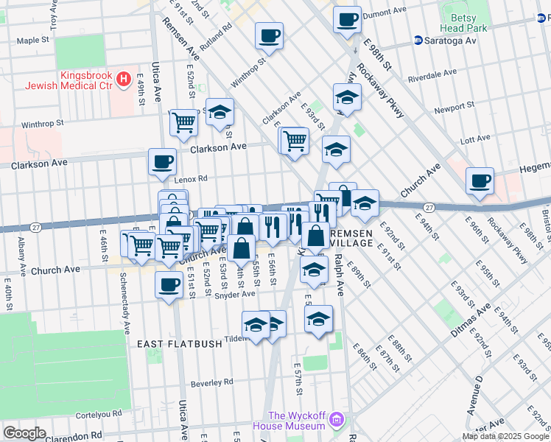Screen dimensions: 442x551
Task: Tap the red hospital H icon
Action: coord(124,77)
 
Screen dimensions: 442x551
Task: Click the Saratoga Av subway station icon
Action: coord(418,40)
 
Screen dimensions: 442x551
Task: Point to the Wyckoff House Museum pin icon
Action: coord(337,421)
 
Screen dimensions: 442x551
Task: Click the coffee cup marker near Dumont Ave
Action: coord(347,19)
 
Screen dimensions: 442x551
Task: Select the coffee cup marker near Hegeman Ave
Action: coord(480,180)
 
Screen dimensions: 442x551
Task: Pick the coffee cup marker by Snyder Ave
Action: coord(169,284)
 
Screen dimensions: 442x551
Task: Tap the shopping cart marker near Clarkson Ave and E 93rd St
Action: coord(295,139)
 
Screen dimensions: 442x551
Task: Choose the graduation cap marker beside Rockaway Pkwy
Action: coord(347,97)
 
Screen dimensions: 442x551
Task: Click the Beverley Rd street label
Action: coord(211,382)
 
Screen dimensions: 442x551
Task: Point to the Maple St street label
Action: coord(31,41)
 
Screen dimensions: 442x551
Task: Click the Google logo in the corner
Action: coord(24,433)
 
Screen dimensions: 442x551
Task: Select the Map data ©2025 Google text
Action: coord(505,436)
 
